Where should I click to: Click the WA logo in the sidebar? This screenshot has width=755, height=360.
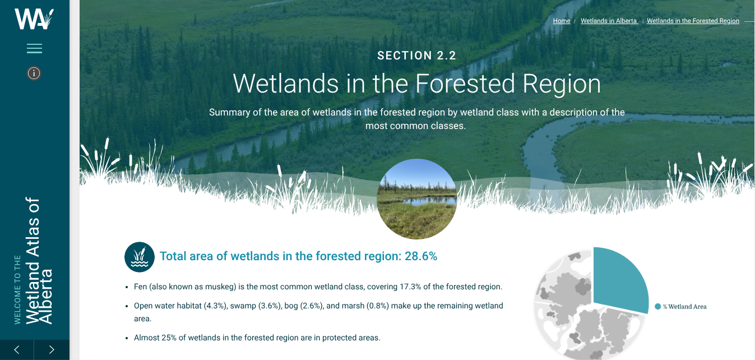tap(34, 19)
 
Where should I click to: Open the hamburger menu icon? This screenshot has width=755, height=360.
tap(34, 49)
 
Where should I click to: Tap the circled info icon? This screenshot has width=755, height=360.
tap(34, 73)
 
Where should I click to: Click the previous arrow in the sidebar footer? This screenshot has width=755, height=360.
tap(16, 349)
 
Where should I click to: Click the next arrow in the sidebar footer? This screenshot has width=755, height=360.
tap(52, 349)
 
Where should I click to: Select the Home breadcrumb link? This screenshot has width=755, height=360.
tap(562, 21)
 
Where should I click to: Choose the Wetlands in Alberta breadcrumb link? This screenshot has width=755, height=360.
tap(609, 21)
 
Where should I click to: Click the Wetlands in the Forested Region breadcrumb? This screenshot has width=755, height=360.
tap(693, 21)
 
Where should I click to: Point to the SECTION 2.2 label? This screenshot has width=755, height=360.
tap(416, 56)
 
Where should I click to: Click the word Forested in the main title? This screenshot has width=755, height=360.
tap(465, 84)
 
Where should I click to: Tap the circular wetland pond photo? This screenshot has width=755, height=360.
tap(417, 199)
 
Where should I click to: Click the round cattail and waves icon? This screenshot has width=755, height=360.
tap(140, 257)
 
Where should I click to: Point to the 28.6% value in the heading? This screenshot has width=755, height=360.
tap(421, 256)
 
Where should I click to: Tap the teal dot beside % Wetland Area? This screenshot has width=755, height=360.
tap(657, 306)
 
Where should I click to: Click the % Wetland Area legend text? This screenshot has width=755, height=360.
tap(684, 306)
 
